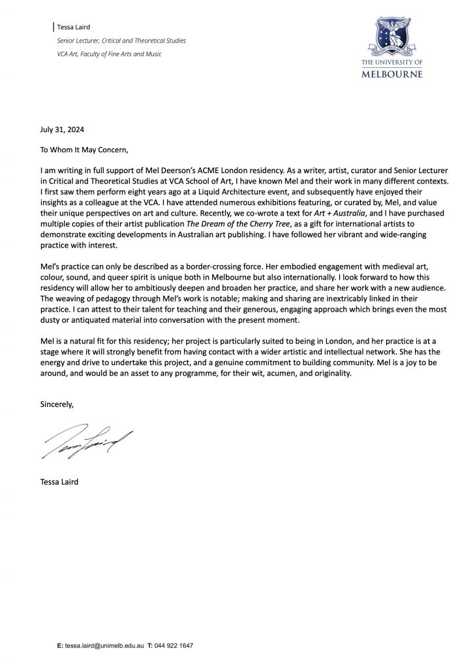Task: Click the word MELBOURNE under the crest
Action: [391, 74]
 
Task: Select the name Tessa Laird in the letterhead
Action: [73, 27]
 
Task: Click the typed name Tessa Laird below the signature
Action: [59, 483]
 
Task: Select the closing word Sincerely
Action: [57, 404]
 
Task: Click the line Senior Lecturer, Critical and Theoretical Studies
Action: [122, 41]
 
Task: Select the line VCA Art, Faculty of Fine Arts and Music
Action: [110, 54]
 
